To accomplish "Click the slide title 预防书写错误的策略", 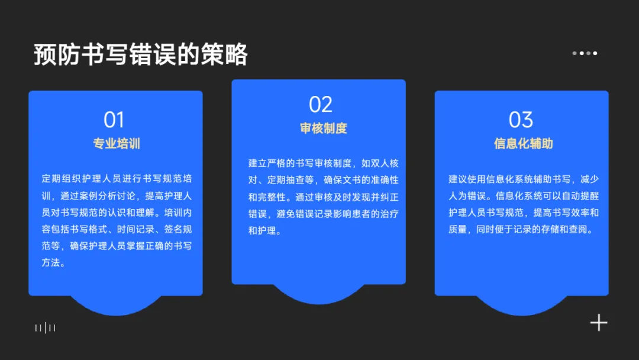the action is [140, 54].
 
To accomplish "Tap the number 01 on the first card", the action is [114, 120].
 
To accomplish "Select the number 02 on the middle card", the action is [321, 105].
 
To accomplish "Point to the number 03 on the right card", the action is [521, 120].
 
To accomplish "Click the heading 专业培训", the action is [116, 143].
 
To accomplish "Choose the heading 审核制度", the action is [323, 128].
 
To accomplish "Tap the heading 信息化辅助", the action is [523, 143].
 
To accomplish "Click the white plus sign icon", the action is [599, 323].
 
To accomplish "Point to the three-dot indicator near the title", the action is [585, 53].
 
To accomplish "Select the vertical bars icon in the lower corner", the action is [46, 327].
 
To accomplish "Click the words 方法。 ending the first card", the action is [53, 263].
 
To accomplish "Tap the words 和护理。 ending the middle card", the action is [263, 231].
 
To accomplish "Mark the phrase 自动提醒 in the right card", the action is [579, 195].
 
